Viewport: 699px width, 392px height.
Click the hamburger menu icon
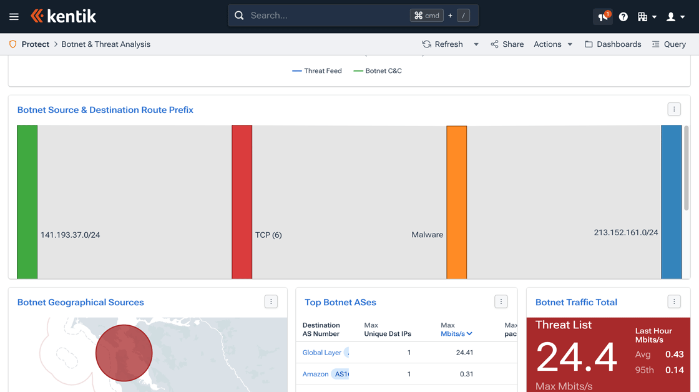14,17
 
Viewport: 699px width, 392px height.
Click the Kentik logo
64,16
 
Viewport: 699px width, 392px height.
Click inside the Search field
325,16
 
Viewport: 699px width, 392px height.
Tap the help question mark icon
623,17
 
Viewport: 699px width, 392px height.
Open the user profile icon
675,17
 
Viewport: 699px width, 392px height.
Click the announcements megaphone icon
603,17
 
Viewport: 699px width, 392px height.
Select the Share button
507,44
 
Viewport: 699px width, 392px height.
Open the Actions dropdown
553,44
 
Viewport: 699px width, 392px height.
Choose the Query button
668,44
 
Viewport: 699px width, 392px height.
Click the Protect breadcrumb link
35,44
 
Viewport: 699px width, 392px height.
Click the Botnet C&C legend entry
378,71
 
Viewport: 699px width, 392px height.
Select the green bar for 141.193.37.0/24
27,202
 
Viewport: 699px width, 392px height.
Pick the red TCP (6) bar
242,202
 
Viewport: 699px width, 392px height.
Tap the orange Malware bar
457,202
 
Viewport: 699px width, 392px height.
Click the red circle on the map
124,353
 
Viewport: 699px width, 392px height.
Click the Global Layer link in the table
322,353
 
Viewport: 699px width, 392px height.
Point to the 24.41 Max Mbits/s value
464,353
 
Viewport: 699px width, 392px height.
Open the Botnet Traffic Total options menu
674,302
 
